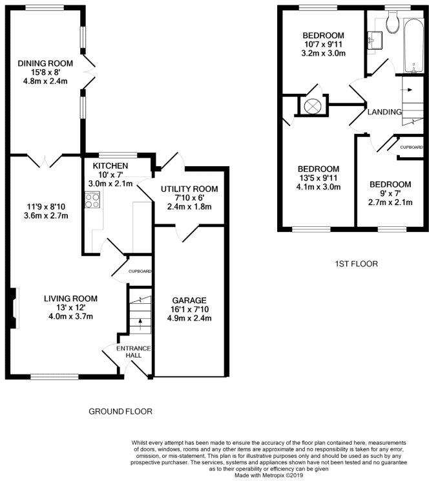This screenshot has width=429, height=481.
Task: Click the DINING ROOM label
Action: click(45, 63)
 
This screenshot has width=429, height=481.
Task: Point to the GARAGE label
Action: click(189, 300)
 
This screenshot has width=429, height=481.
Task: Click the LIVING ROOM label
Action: click(70, 298)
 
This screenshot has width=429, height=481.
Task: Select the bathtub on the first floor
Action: click(410, 45)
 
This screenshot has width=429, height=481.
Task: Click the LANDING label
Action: click(384, 112)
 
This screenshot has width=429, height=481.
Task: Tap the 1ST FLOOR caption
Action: click(357, 264)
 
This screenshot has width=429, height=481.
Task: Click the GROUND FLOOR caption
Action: click(120, 411)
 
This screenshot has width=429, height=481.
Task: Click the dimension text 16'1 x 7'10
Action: click(189, 309)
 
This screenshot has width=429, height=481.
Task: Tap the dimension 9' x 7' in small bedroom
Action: click(390, 193)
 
